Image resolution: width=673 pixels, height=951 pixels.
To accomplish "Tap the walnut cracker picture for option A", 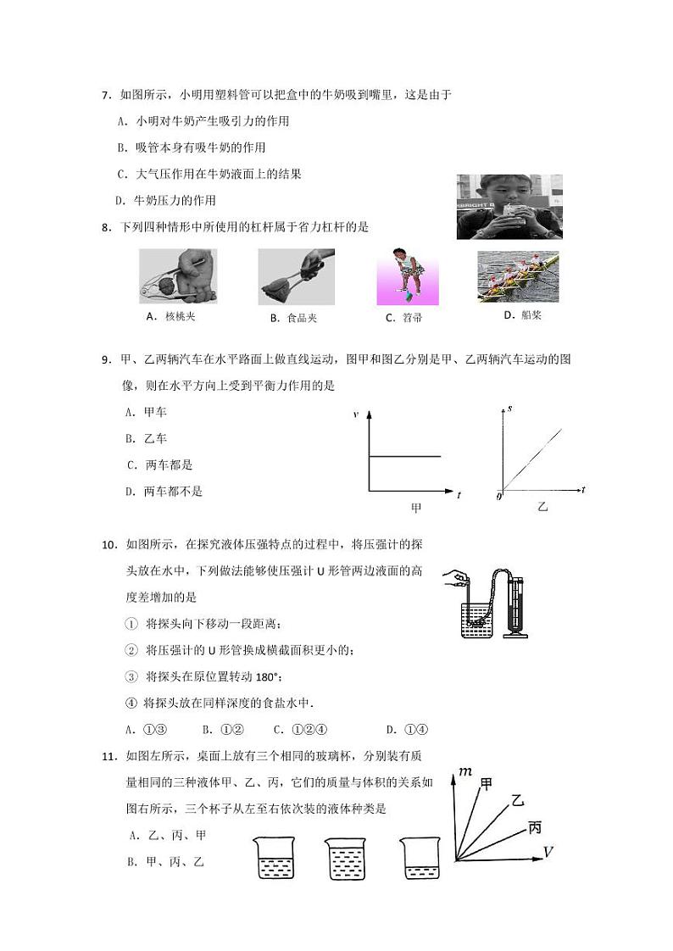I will tap(177, 276).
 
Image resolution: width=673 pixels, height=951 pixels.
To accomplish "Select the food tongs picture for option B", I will tap(296, 276).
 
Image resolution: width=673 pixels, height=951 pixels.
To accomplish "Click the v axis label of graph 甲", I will tap(356, 414).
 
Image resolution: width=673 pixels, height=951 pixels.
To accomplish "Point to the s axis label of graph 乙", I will tap(509, 410).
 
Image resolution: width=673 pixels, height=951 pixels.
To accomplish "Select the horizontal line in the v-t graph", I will tap(404, 457).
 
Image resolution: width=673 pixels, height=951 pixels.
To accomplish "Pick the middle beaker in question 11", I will tap(349, 857).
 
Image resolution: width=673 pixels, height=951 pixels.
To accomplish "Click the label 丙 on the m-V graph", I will tap(535, 827).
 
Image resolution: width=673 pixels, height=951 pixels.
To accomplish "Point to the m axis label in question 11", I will tap(464, 770).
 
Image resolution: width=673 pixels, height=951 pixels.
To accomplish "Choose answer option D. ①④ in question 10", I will tap(407, 728).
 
